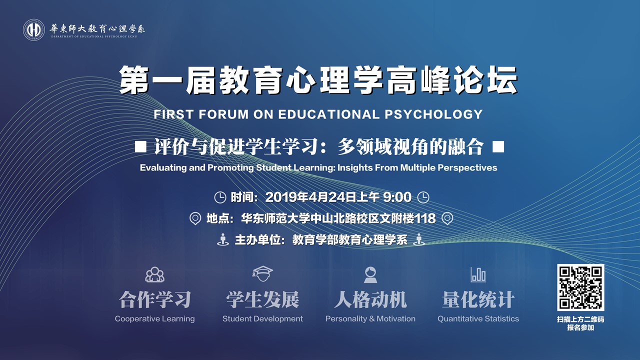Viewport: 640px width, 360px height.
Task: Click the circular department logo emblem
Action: coord(33,29)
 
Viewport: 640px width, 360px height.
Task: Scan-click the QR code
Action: coord(580,287)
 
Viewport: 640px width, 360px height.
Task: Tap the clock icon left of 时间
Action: coord(220,197)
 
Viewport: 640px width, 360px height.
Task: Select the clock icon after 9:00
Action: coord(423,197)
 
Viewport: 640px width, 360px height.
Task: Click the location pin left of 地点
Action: coord(195,218)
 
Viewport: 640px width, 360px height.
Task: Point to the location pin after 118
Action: coord(447,218)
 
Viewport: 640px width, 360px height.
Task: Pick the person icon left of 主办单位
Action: coord(223,239)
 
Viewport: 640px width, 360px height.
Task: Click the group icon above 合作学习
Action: coord(155,274)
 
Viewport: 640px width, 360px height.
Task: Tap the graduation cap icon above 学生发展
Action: coord(262,273)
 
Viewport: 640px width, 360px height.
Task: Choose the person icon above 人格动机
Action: coord(370,274)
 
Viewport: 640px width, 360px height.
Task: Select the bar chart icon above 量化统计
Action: coord(478,274)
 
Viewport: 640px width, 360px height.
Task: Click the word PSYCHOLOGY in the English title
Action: coord(433,114)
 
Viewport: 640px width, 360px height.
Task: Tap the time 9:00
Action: coord(397,197)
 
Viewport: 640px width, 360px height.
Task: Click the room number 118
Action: coord(425,218)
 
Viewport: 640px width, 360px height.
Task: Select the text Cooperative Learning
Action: coord(155,318)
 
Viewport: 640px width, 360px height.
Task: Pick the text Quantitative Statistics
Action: coord(478,318)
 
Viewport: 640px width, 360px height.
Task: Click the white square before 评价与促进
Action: coord(140,147)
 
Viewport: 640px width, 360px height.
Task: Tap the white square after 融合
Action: coord(498,147)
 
